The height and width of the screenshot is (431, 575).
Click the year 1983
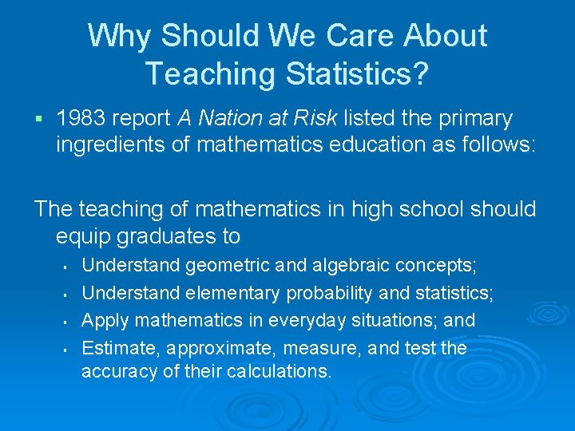coord(82,119)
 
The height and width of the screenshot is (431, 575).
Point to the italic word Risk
coord(320,119)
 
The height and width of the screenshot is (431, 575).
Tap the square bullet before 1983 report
coord(38,120)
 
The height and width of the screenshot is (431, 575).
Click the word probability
coord(329,294)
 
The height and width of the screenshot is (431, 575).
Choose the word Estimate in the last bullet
coord(117,348)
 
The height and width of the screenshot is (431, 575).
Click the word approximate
coord(212,349)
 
